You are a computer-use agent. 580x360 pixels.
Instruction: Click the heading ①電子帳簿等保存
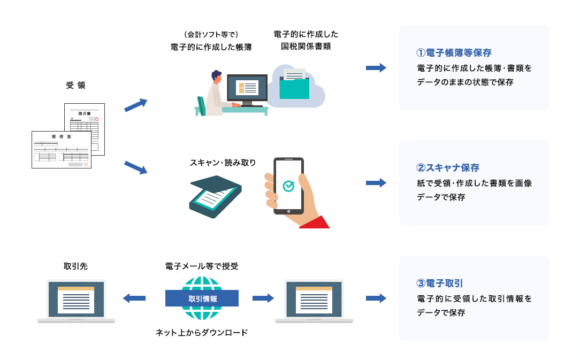click(454, 53)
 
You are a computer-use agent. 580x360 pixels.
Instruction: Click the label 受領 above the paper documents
click(75, 86)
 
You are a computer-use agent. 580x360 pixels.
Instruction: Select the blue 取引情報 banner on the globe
click(202, 298)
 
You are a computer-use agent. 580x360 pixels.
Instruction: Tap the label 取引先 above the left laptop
click(75, 266)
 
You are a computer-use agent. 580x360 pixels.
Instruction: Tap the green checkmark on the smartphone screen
click(288, 186)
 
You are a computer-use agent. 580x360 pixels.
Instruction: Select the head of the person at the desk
click(216, 77)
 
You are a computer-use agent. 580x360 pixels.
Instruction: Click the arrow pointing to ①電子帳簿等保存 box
click(376, 68)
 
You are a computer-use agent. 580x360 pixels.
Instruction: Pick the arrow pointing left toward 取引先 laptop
click(134, 298)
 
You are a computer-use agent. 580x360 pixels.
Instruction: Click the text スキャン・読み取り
click(223, 162)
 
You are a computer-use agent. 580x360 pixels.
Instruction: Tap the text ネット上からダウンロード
click(202, 333)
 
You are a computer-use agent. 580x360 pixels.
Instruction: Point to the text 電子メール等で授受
click(202, 266)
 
